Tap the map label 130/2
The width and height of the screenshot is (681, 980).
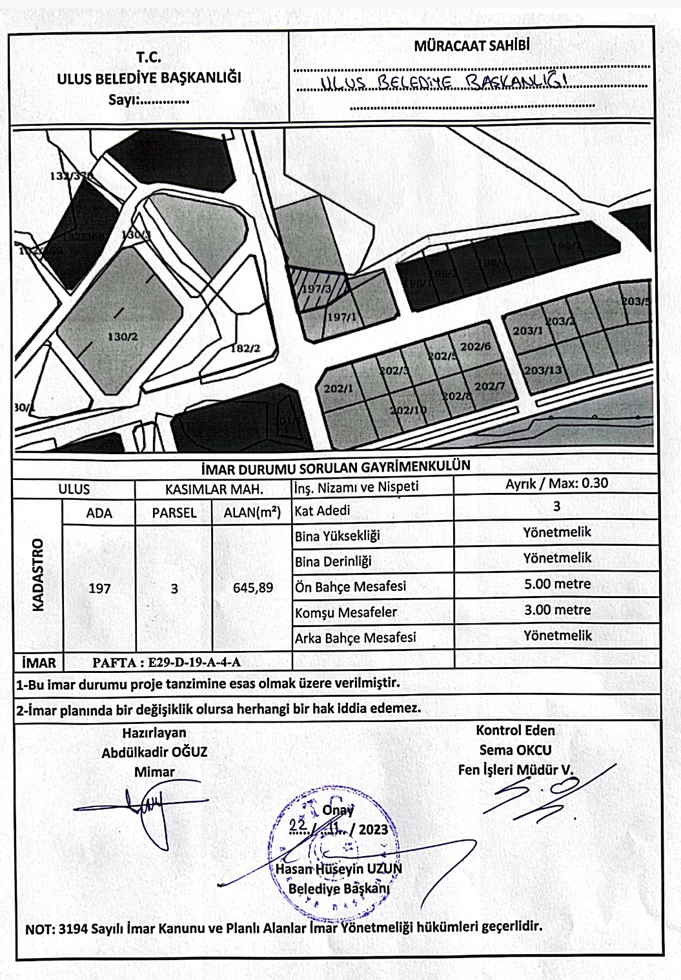[123, 337]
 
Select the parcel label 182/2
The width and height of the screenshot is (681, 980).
[245, 349]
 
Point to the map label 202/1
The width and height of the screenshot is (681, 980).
[338, 388]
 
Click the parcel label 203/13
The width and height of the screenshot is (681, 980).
[543, 370]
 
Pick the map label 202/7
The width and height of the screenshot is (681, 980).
[489, 386]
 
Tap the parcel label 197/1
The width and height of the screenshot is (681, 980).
[342, 317]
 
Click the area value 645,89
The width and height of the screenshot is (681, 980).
[252, 588]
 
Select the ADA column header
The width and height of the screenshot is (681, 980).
[99, 513]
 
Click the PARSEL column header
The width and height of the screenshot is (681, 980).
[174, 513]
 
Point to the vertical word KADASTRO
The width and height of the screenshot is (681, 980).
[37, 574]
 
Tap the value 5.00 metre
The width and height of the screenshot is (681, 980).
[557, 584]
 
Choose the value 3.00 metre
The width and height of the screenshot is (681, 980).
[557, 610]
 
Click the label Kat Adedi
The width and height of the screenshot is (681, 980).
[322, 511]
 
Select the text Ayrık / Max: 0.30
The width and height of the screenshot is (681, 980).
[556, 483]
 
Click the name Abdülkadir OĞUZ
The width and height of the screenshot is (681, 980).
[154, 752]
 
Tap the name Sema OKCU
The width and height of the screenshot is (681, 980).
[515, 750]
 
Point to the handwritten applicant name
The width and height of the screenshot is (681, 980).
[445, 82]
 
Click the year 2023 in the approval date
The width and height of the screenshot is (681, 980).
[373, 829]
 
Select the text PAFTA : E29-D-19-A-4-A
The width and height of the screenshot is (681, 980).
[167, 662]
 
